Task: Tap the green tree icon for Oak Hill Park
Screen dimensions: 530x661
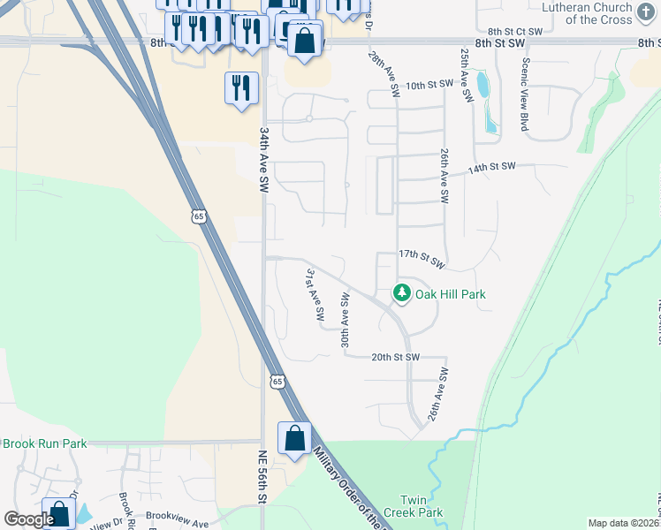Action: click(402, 292)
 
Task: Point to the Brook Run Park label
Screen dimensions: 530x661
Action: click(44, 443)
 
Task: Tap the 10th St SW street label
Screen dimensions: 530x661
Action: click(429, 85)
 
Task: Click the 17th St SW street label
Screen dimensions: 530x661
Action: click(421, 258)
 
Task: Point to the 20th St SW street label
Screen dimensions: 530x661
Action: click(394, 357)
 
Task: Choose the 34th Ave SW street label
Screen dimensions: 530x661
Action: click(263, 159)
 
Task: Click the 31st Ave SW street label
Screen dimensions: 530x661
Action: click(315, 296)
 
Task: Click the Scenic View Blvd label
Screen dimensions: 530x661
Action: click(525, 95)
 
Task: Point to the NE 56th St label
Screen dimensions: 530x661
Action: click(262, 477)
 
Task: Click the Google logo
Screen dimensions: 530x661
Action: click(29, 519)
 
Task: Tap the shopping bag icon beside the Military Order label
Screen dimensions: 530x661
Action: click(294, 439)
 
